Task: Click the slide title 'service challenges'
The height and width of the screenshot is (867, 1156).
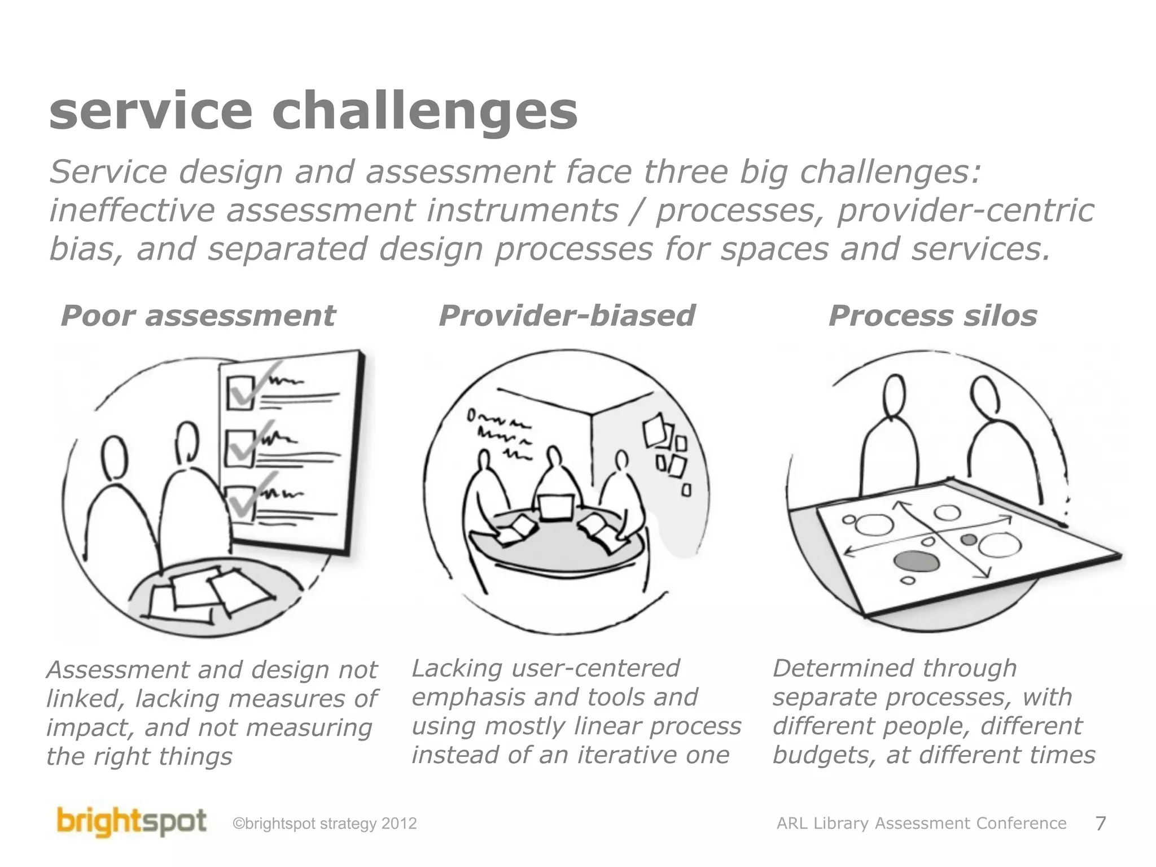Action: (x=313, y=111)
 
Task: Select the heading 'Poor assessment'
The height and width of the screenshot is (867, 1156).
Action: (x=198, y=316)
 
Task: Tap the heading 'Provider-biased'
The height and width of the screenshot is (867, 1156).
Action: (x=567, y=316)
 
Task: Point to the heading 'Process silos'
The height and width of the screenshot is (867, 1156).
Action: (x=932, y=316)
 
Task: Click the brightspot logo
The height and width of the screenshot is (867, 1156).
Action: (x=131, y=823)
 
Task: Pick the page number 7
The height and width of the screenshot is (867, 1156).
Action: (x=1100, y=824)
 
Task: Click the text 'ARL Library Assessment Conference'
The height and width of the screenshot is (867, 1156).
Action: (x=921, y=824)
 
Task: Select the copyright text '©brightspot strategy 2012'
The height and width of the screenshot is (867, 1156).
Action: (x=325, y=824)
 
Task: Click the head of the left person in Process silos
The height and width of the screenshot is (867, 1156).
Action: (x=895, y=396)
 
